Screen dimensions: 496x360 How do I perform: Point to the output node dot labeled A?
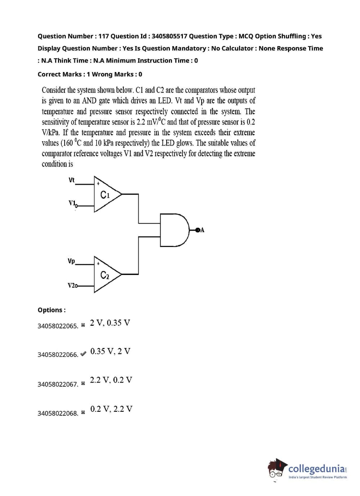[x=198, y=230]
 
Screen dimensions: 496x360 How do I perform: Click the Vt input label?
[x=72, y=180]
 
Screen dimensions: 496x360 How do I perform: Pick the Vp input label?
[x=71, y=261]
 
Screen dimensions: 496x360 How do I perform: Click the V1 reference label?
[x=72, y=203]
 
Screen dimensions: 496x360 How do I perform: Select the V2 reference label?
[x=72, y=285]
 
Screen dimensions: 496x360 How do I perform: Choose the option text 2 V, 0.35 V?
[x=110, y=323]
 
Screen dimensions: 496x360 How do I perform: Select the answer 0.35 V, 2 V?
[x=110, y=351]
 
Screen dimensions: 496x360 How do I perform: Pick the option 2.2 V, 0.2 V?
[x=111, y=380]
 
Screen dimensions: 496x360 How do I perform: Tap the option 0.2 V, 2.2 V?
[x=111, y=409]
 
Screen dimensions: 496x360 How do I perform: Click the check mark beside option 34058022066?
[x=83, y=354]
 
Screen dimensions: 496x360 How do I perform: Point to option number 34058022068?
[x=58, y=413]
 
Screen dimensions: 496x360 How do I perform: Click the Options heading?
[x=51, y=310]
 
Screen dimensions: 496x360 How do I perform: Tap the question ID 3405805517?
[x=169, y=36]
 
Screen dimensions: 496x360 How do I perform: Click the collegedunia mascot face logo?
[x=276, y=469]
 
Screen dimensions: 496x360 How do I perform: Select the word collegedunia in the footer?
[x=316, y=469]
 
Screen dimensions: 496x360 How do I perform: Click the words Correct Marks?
[x=60, y=74]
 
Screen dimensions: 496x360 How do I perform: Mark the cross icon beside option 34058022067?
[x=83, y=383]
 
